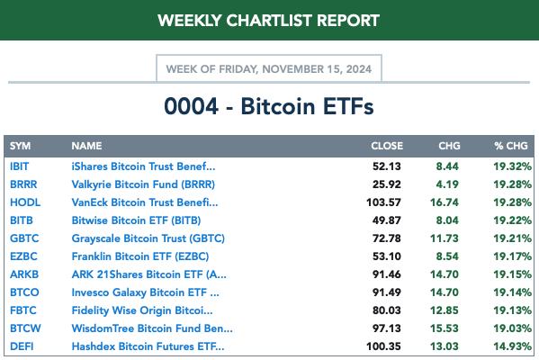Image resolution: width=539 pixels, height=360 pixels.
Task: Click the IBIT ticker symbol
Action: point(19,166)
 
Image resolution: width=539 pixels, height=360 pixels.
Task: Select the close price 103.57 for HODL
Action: point(383,202)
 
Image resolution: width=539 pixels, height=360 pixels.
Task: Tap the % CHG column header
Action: point(511,146)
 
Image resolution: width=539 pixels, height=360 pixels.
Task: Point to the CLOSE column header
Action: point(387,146)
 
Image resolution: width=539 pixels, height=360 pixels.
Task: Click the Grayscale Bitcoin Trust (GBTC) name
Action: point(148,238)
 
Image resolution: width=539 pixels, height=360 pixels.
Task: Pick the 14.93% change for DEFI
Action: point(513,346)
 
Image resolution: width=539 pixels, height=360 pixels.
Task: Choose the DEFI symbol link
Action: point(22,346)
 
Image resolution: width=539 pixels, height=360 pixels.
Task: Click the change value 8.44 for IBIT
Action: point(447,166)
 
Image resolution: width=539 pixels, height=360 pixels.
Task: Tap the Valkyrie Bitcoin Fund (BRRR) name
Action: point(143,184)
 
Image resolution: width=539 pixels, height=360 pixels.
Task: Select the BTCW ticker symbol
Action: point(25,328)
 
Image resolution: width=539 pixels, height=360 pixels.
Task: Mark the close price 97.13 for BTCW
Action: point(387,328)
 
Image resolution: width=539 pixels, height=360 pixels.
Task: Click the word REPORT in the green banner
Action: point(348,21)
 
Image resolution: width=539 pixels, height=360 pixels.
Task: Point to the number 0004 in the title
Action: point(191,106)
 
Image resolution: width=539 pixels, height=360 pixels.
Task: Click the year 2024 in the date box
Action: point(359,69)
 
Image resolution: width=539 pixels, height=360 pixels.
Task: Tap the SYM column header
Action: point(20,146)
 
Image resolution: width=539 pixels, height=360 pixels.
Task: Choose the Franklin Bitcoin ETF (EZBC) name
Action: point(140,256)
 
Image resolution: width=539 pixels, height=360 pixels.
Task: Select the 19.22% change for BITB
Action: point(513,220)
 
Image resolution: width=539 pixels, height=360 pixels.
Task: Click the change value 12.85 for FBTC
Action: point(445,310)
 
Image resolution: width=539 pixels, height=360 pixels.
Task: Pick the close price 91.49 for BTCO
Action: point(387,292)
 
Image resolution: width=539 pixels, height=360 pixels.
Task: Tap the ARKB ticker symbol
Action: point(24,274)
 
